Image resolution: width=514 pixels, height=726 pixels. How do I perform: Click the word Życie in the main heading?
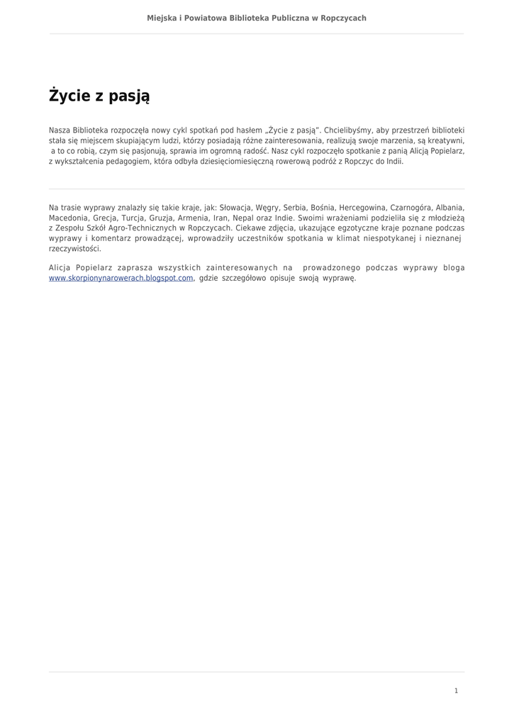pos(72,95)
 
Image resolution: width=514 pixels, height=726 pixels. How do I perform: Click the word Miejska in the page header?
pos(162,18)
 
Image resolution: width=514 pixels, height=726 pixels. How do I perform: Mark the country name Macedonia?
pos(69,218)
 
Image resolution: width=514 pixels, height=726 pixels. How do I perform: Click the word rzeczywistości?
pos(75,249)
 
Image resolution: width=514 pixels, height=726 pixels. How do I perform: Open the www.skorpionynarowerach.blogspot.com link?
pos(121,279)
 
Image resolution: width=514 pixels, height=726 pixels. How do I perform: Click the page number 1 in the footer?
pos(456,691)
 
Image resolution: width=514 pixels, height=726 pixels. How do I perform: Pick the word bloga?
pos(453,268)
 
